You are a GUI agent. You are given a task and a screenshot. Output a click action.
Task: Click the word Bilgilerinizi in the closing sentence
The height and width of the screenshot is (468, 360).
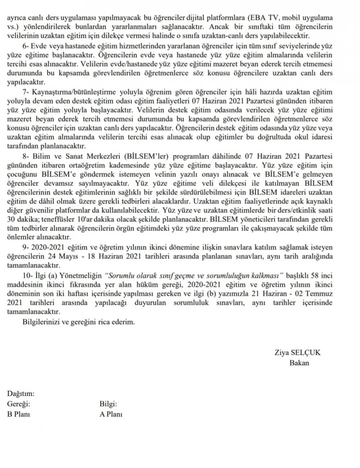[41, 322]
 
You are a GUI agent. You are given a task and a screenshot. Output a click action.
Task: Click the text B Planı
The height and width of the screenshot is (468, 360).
[19, 413]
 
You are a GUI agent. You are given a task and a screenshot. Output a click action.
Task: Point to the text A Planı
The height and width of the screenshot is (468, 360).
[110, 413]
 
